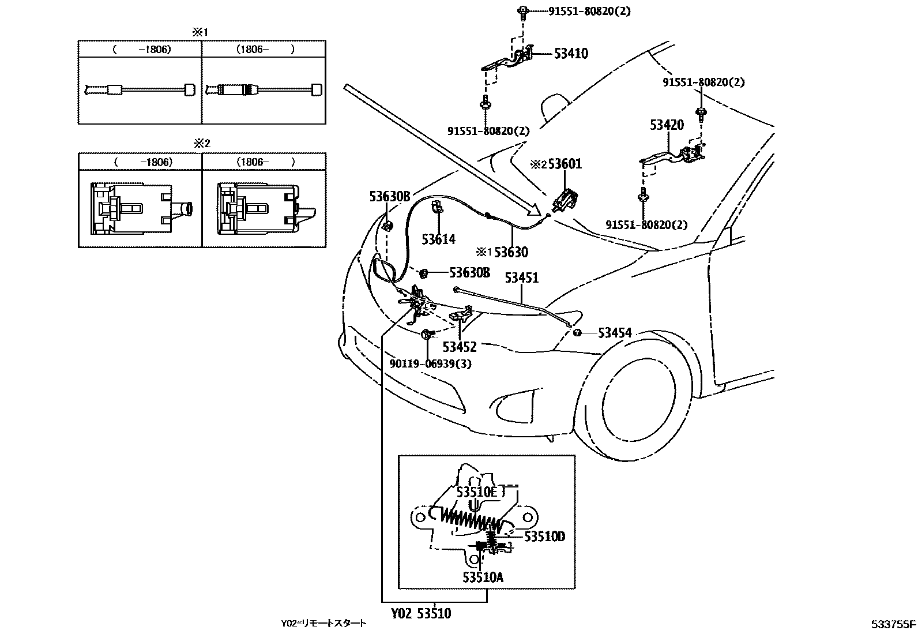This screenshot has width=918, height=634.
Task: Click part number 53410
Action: pos(571,54)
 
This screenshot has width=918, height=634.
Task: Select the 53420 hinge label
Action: pos(667,125)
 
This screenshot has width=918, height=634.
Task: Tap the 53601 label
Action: pos(565,164)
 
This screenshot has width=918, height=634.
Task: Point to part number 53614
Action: pos(438,239)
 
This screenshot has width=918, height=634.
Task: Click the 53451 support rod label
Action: pos(521,277)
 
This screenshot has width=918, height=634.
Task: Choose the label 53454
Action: pos(615,333)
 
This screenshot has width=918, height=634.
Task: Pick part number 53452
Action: pos(460,347)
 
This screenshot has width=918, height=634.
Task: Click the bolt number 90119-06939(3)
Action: pos(430,364)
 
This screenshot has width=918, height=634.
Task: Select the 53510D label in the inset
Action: pos(544,537)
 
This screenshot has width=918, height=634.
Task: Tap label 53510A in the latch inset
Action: pos(483,576)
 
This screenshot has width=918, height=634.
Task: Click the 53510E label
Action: pos(477,492)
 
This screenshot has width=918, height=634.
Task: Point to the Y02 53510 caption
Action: pos(421,613)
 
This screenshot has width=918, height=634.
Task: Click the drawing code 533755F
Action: pos(893,624)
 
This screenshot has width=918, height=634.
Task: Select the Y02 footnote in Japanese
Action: pos(323,623)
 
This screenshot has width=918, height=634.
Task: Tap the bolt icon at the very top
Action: pos(522,10)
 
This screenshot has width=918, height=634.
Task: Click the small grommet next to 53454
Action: pos(578,333)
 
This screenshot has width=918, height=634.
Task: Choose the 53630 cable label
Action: pos(511,252)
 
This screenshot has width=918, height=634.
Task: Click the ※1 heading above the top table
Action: pos(200,32)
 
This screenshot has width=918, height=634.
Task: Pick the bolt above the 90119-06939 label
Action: pos(427,333)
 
